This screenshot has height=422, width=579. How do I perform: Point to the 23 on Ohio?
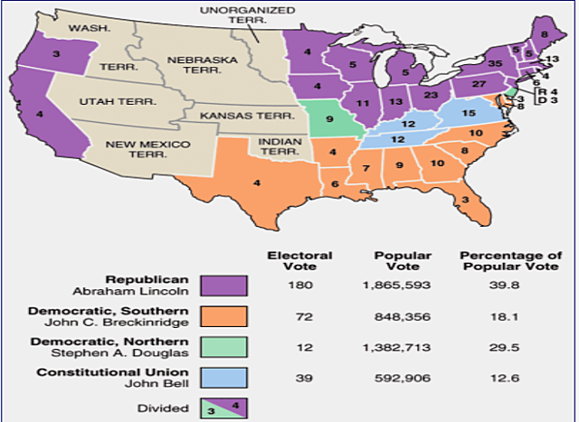click(x=431, y=95)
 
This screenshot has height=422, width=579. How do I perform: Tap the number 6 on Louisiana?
click(x=336, y=185)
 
